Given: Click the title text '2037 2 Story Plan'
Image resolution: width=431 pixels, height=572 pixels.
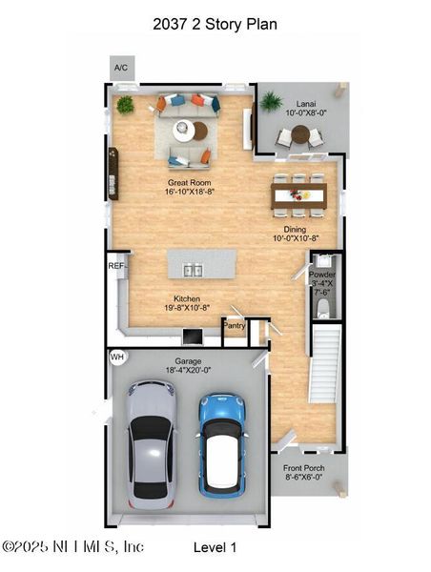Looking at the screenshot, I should coord(215,24).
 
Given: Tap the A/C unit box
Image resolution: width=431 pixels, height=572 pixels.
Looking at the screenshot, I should coord(121,69).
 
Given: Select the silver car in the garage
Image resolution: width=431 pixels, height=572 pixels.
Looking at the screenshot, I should coord(152,440).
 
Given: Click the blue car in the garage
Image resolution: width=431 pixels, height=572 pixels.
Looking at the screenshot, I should coord(222,444).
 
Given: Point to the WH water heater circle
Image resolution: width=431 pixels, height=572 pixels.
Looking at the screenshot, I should coord(117,357).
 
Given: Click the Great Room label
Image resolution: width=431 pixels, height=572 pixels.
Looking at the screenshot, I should coord(189,187).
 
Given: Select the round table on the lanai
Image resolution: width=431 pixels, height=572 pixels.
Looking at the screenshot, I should coord(299,135).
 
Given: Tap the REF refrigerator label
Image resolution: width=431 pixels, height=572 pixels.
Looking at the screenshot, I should coord(115,266).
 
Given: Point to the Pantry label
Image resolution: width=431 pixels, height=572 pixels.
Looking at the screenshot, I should coord(234,326).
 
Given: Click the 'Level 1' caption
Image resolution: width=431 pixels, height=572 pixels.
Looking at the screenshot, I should coord(215,547).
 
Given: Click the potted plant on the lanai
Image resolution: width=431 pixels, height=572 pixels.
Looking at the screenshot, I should coord(271,100).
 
